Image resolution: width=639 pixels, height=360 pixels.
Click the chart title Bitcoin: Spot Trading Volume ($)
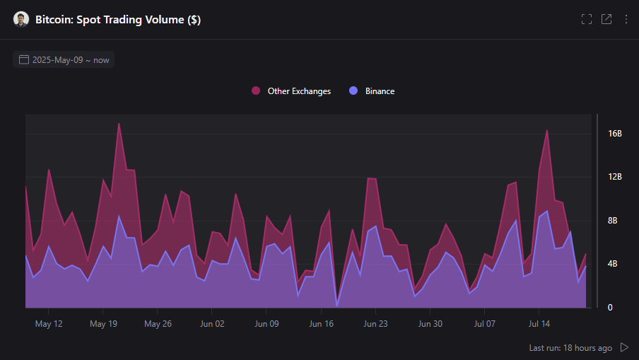coord(118,20)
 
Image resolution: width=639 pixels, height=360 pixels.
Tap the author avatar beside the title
coord(21,20)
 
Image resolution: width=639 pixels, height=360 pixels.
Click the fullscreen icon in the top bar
coord(587,19)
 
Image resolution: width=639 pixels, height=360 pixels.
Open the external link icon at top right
coord(606,19)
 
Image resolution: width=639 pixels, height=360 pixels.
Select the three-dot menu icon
coord(626,19)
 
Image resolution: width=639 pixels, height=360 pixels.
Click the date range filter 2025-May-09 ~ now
coord(64,59)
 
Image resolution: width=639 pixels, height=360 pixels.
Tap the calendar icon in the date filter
coord(24,59)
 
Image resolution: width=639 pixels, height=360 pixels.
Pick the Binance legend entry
coord(373,91)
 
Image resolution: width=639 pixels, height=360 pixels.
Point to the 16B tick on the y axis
coord(614,134)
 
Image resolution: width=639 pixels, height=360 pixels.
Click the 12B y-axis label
coord(614,177)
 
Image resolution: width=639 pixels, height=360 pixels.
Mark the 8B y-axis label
coord(614,221)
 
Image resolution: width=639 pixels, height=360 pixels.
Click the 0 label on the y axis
coord(610,308)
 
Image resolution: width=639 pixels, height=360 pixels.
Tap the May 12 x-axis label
coord(48,324)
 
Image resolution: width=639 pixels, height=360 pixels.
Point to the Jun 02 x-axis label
coord(212,324)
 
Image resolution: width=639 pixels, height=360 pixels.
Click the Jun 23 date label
coord(375,324)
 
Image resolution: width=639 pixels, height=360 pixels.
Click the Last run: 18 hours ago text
coord(570,348)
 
